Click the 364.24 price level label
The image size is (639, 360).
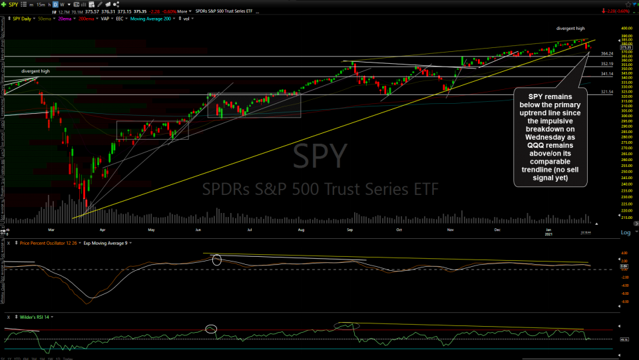point(606,53)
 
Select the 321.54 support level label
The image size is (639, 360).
point(606,92)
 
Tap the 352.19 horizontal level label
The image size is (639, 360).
point(606,64)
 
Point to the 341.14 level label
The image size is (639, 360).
point(606,74)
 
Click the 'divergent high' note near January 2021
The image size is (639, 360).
point(571,29)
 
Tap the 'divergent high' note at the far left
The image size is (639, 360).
point(35,71)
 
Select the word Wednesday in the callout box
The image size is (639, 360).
point(550,137)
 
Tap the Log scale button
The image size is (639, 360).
point(625,232)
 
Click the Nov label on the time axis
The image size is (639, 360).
point(451,230)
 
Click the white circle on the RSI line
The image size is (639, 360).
point(212,329)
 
